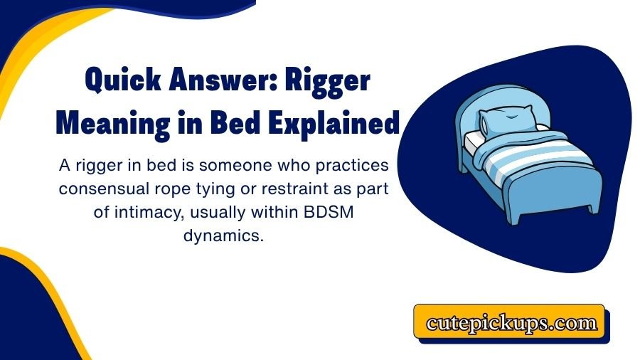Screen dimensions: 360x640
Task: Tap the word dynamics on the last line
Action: pos(223,237)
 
